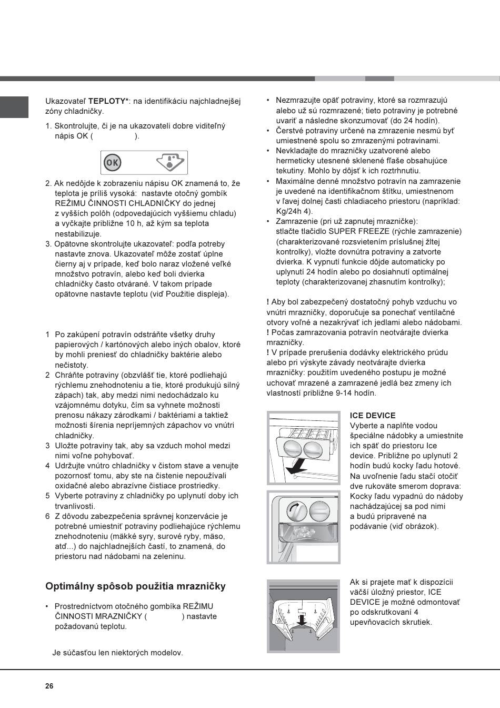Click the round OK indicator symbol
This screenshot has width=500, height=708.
click(x=112, y=163)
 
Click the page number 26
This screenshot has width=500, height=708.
click(x=49, y=686)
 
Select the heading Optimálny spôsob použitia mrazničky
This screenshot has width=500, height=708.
click(x=135, y=586)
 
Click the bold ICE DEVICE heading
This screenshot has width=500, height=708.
click(x=373, y=416)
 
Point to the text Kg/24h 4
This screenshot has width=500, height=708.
click(x=293, y=211)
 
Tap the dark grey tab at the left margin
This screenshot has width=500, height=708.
click(x=14, y=107)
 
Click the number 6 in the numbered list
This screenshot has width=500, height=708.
click(x=47, y=516)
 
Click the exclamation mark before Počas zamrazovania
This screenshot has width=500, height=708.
click(x=268, y=332)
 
